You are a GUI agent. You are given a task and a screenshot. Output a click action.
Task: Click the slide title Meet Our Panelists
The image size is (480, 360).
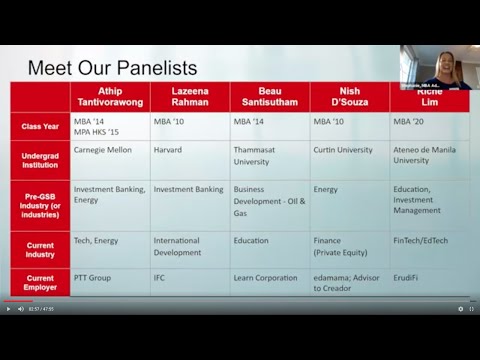(112, 68)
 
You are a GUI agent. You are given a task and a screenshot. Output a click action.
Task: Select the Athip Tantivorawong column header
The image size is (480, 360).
(110, 96)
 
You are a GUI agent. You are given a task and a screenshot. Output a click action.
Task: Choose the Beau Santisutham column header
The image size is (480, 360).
(270, 96)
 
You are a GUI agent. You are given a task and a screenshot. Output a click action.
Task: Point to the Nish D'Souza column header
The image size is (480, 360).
(349, 96)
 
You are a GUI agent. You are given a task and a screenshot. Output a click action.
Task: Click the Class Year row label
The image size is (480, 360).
(41, 126)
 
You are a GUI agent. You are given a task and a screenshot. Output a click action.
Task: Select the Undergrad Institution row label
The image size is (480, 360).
(41, 160)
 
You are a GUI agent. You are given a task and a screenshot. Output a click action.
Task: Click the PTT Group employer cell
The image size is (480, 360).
(93, 278)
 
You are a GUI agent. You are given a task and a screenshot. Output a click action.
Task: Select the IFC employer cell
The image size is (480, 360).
(160, 278)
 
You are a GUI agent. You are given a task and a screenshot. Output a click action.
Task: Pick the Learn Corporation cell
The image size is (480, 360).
(265, 278)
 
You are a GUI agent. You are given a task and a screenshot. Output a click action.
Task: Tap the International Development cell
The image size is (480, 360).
(177, 246)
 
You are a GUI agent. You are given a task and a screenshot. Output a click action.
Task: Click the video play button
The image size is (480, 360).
(8, 309)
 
